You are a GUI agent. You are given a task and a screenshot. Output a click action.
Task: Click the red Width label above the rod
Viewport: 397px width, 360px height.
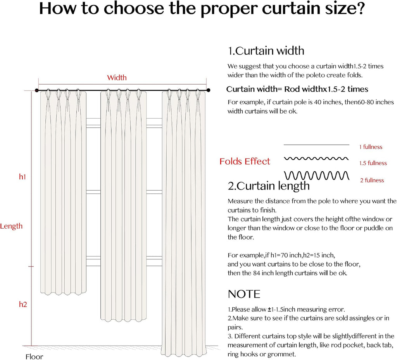(117, 78)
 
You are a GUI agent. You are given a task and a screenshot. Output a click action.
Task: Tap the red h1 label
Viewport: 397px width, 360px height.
(22, 177)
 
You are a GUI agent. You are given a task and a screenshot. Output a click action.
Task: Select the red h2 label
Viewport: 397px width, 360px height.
(23, 304)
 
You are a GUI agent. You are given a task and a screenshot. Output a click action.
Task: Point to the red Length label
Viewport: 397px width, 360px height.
(11, 226)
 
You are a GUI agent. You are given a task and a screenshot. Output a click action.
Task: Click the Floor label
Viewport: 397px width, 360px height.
(34, 357)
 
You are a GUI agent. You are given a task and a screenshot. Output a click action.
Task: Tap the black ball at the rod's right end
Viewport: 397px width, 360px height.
(208, 90)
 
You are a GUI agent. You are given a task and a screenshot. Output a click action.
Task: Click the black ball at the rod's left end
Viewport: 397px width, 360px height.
(37, 90)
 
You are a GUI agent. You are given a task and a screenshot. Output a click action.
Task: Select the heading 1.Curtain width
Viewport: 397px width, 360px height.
(266, 51)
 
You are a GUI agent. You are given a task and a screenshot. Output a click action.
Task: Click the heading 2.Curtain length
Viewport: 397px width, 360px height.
(269, 186)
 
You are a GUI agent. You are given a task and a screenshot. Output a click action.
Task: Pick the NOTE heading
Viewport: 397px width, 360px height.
(244, 294)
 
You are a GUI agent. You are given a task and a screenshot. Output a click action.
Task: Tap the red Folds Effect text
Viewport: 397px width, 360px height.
(245, 162)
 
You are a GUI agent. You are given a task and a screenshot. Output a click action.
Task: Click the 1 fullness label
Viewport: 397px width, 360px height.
(371, 147)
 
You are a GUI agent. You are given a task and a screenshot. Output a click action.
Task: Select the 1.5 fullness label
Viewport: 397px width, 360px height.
(373, 163)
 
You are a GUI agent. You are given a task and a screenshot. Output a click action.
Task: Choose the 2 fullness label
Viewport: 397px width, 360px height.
(372, 180)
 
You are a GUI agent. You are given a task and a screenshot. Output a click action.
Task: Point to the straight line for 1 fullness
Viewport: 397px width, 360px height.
(316, 145)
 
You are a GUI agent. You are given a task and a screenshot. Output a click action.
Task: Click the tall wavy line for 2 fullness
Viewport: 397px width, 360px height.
(316, 175)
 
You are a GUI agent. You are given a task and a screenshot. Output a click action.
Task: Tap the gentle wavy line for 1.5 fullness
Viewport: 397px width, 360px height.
(316, 158)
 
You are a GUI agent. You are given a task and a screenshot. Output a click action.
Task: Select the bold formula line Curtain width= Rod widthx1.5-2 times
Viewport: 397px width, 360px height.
(297, 89)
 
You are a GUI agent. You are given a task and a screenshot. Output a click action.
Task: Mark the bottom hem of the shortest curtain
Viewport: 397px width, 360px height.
(63, 293)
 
